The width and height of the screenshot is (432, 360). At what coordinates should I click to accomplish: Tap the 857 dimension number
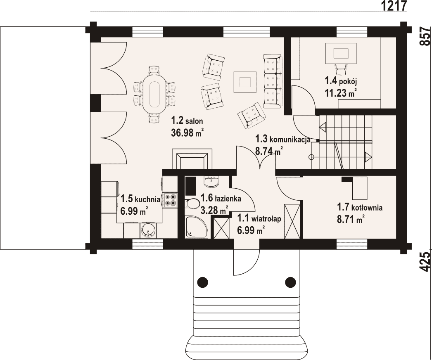[x=425, y=36]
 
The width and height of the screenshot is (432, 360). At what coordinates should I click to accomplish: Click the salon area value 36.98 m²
[x=187, y=133]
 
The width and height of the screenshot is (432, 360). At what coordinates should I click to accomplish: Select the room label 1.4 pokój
[x=341, y=81]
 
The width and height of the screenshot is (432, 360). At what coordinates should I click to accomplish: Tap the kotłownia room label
[x=360, y=207]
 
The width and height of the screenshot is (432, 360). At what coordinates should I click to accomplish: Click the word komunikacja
[x=290, y=140]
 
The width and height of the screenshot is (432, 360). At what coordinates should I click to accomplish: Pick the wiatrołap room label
[x=259, y=219]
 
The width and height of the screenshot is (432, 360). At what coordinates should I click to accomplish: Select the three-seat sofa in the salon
[x=273, y=81]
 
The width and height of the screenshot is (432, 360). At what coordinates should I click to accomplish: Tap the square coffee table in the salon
[x=245, y=82]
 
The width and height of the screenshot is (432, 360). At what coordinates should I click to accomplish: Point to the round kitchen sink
[x=148, y=230]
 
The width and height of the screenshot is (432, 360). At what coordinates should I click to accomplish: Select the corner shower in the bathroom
[x=196, y=227]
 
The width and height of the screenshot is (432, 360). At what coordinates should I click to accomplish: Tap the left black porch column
[x=202, y=282]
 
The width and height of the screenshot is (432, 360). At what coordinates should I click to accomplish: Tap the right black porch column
[x=290, y=282]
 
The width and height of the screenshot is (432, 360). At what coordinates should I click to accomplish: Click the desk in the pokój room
[x=341, y=53]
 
